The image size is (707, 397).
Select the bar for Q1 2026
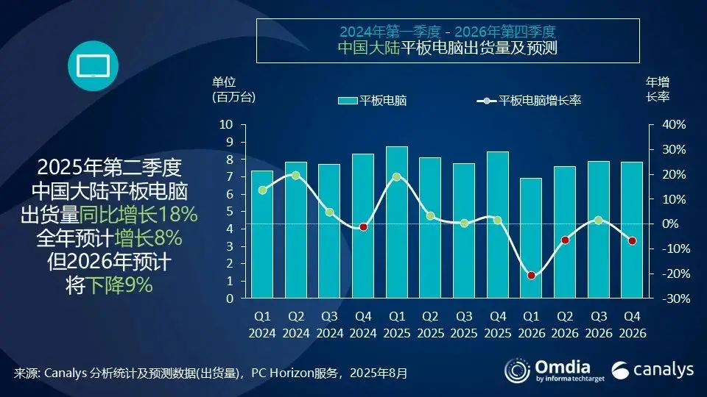[x=531, y=238]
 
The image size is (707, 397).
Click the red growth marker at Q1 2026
[x=531, y=276]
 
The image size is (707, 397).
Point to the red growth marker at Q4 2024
[x=363, y=227]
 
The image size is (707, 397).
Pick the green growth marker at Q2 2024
[x=296, y=175]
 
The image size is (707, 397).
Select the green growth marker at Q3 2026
[x=598, y=220]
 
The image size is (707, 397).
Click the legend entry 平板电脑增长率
[x=530, y=101]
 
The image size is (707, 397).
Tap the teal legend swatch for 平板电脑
[x=347, y=101]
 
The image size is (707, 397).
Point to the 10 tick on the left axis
[x=227, y=124]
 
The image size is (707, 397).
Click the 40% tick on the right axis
[x=673, y=124]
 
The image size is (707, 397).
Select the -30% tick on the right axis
[x=673, y=298]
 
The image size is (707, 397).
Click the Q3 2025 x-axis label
[x=464, y=325]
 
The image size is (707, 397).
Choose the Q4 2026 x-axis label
[x=632, y=325]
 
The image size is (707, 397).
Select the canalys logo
[x=652, y=371]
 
